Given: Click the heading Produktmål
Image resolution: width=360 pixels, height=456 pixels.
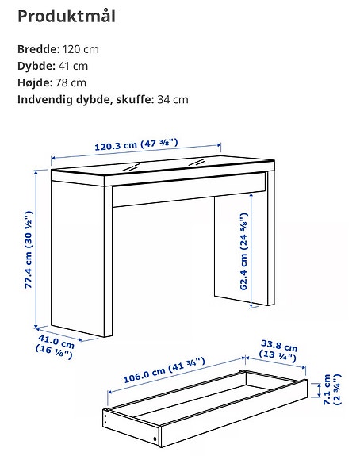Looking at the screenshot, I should pyautogui.click(x=66, y=16).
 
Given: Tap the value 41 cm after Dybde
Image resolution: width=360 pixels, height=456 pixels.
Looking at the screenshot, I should pyautogui.click(x=71, y=66).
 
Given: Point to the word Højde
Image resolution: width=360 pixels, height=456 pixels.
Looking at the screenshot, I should pyautogui.click(x=36, y=82).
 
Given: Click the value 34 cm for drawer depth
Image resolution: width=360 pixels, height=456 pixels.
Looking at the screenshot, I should pyautogui.click(x=173, y=99).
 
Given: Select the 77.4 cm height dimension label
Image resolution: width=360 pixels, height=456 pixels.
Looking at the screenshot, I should pyautogui.click(x=29, y=250).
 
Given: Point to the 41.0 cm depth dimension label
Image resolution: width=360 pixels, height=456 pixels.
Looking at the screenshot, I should pyautogui.click(x=57, y=348).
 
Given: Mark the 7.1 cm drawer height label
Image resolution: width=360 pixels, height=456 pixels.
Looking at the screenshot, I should pyautogui.click(x=336, y=392).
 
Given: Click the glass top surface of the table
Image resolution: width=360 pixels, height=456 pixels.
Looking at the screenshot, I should pyautogui.click(x=159, y=165).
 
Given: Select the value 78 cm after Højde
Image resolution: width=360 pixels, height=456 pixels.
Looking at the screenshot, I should pyautogui.click(x=71, y=82).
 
